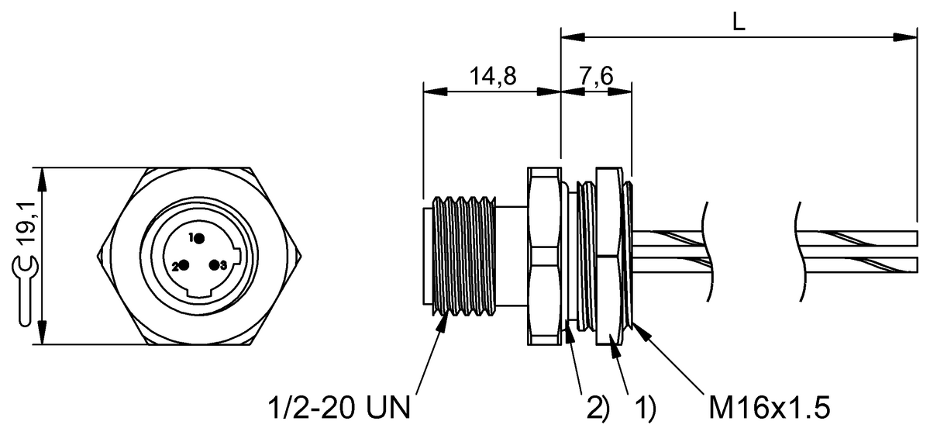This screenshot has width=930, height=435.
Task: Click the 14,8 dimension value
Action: click(493, 77)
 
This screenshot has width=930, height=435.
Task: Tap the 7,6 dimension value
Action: click(596, 77)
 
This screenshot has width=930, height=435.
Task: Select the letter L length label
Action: click(739, 22)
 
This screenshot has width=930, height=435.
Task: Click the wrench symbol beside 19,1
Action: click(25, 291)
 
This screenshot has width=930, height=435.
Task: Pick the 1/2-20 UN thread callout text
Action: click(339, 407)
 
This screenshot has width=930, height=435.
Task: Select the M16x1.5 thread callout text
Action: click(770, 407)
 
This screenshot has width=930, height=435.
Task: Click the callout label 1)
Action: click(646, 408)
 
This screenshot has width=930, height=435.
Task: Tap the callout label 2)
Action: click(598, 408)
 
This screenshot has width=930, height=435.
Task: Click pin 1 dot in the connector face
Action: click(199, 239)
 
